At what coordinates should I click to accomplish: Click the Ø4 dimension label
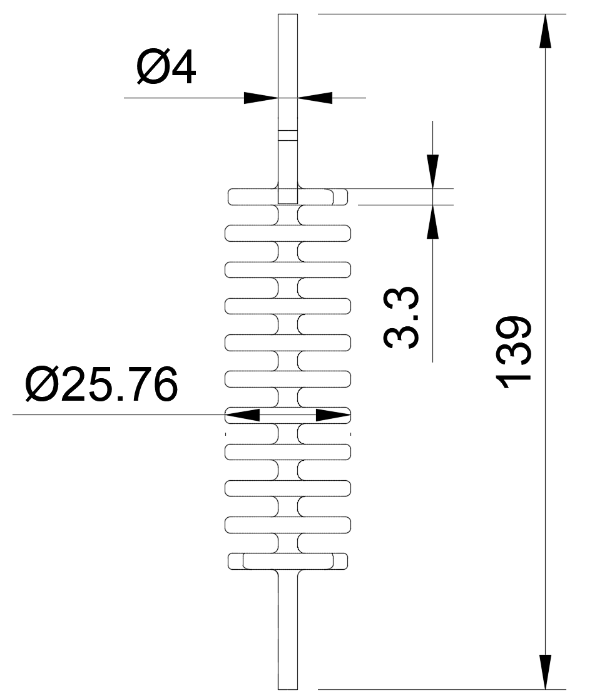tap(166, 68)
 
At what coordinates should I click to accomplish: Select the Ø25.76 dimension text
tap(101, 386)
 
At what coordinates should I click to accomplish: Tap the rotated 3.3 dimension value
tap(402, 318)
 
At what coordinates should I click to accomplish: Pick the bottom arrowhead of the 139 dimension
tap(546, 671)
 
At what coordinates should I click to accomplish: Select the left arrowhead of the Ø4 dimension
tap(260, 98)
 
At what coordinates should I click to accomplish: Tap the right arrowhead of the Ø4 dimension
tap(315, 98)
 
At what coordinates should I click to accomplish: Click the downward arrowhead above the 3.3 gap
tap(432, 171)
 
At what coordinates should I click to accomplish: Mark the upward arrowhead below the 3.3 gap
tap(432, 222)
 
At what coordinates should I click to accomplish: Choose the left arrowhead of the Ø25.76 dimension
tap(243, 414)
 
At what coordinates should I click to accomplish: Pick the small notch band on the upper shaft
tap(287, 135)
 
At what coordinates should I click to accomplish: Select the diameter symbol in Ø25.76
tap(42, 386)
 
